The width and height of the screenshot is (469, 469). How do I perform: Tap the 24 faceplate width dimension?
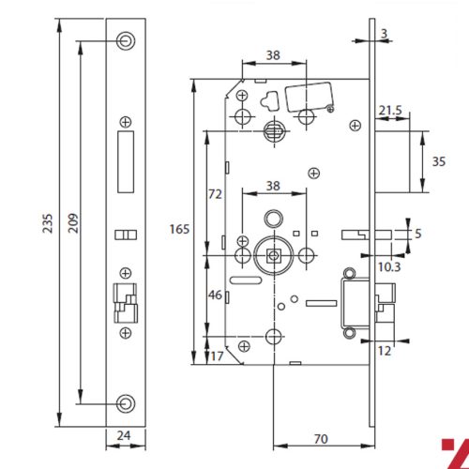[126, 434]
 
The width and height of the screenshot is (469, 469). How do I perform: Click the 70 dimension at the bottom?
[319, 438]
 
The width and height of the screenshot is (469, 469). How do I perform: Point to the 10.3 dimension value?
[389, 267]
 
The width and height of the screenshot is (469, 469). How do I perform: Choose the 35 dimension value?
[437, 160]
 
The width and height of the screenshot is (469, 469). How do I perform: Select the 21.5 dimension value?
[389, 111]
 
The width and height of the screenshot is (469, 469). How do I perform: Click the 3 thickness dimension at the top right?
[385, 33]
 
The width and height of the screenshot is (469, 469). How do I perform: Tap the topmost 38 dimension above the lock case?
[273, 55]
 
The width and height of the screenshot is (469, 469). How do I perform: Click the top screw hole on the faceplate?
[126, 40]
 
